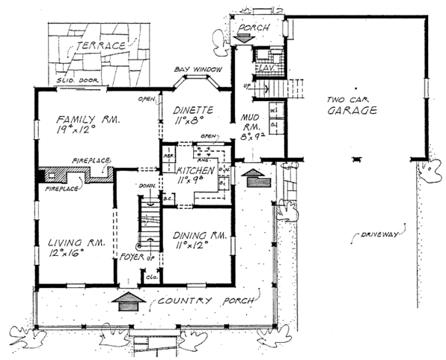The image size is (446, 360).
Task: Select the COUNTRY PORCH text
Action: [205, 301]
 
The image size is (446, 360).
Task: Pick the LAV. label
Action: [265, 68]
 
